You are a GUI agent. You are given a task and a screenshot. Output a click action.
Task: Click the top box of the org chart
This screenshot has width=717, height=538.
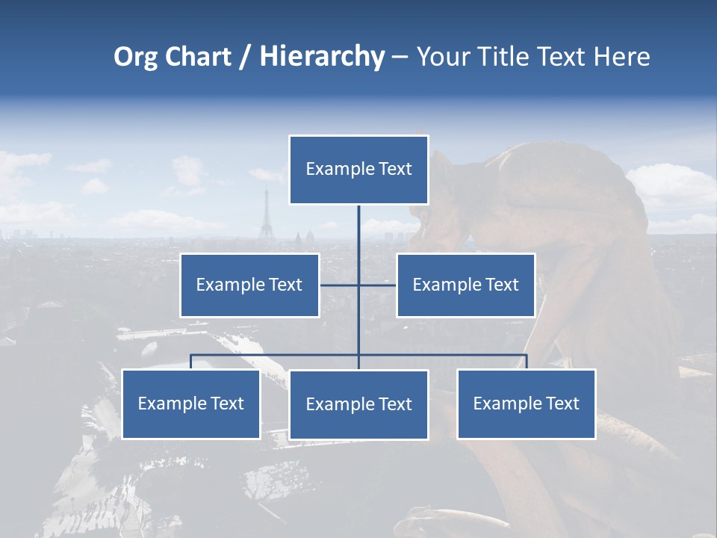358,170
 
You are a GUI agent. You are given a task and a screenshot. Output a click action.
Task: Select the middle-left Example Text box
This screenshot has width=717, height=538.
249,285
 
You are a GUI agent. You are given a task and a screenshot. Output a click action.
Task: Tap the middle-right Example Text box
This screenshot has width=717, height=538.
465,285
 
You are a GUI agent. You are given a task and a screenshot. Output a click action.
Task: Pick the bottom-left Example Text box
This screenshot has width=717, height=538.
191,403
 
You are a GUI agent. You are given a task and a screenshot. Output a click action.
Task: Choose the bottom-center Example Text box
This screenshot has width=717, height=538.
358,404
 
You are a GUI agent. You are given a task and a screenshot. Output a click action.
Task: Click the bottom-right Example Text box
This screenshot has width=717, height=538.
527,403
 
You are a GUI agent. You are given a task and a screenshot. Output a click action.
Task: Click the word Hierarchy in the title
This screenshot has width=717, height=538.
322,57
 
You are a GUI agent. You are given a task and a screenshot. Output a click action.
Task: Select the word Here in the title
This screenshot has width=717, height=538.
621,57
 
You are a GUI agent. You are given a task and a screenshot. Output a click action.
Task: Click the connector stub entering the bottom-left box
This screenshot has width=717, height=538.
191,362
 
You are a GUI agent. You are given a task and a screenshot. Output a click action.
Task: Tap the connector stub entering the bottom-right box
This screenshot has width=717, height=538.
527,362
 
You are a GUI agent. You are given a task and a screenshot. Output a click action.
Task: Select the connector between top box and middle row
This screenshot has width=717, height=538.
358,243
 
